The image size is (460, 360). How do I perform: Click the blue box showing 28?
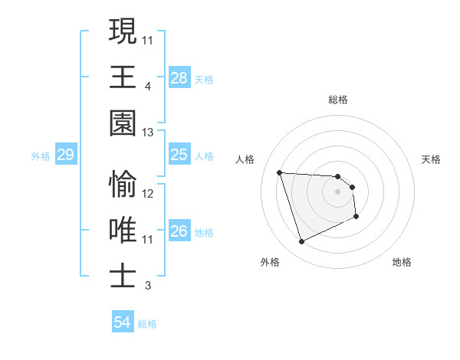[x=179, y=78]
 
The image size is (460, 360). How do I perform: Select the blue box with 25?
[x=179, y=155]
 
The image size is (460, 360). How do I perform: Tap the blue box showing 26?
[x=179, y=231]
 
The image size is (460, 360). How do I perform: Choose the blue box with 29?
[x=66, y=155]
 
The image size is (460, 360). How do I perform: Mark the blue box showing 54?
[x=123, y=322]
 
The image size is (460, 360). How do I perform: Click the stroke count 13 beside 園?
[x=147, y=133]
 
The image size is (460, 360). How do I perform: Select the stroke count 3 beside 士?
[x=147, y=286]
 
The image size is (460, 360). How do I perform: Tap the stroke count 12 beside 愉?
[x=148, y=194]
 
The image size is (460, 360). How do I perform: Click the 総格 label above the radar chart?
[x=338, y=100]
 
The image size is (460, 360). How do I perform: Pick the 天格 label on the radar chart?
[x=431, y=159]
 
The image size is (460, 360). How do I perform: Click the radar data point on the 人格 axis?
[x=280, y=172]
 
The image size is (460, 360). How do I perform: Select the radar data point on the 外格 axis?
[x=301, y=242]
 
